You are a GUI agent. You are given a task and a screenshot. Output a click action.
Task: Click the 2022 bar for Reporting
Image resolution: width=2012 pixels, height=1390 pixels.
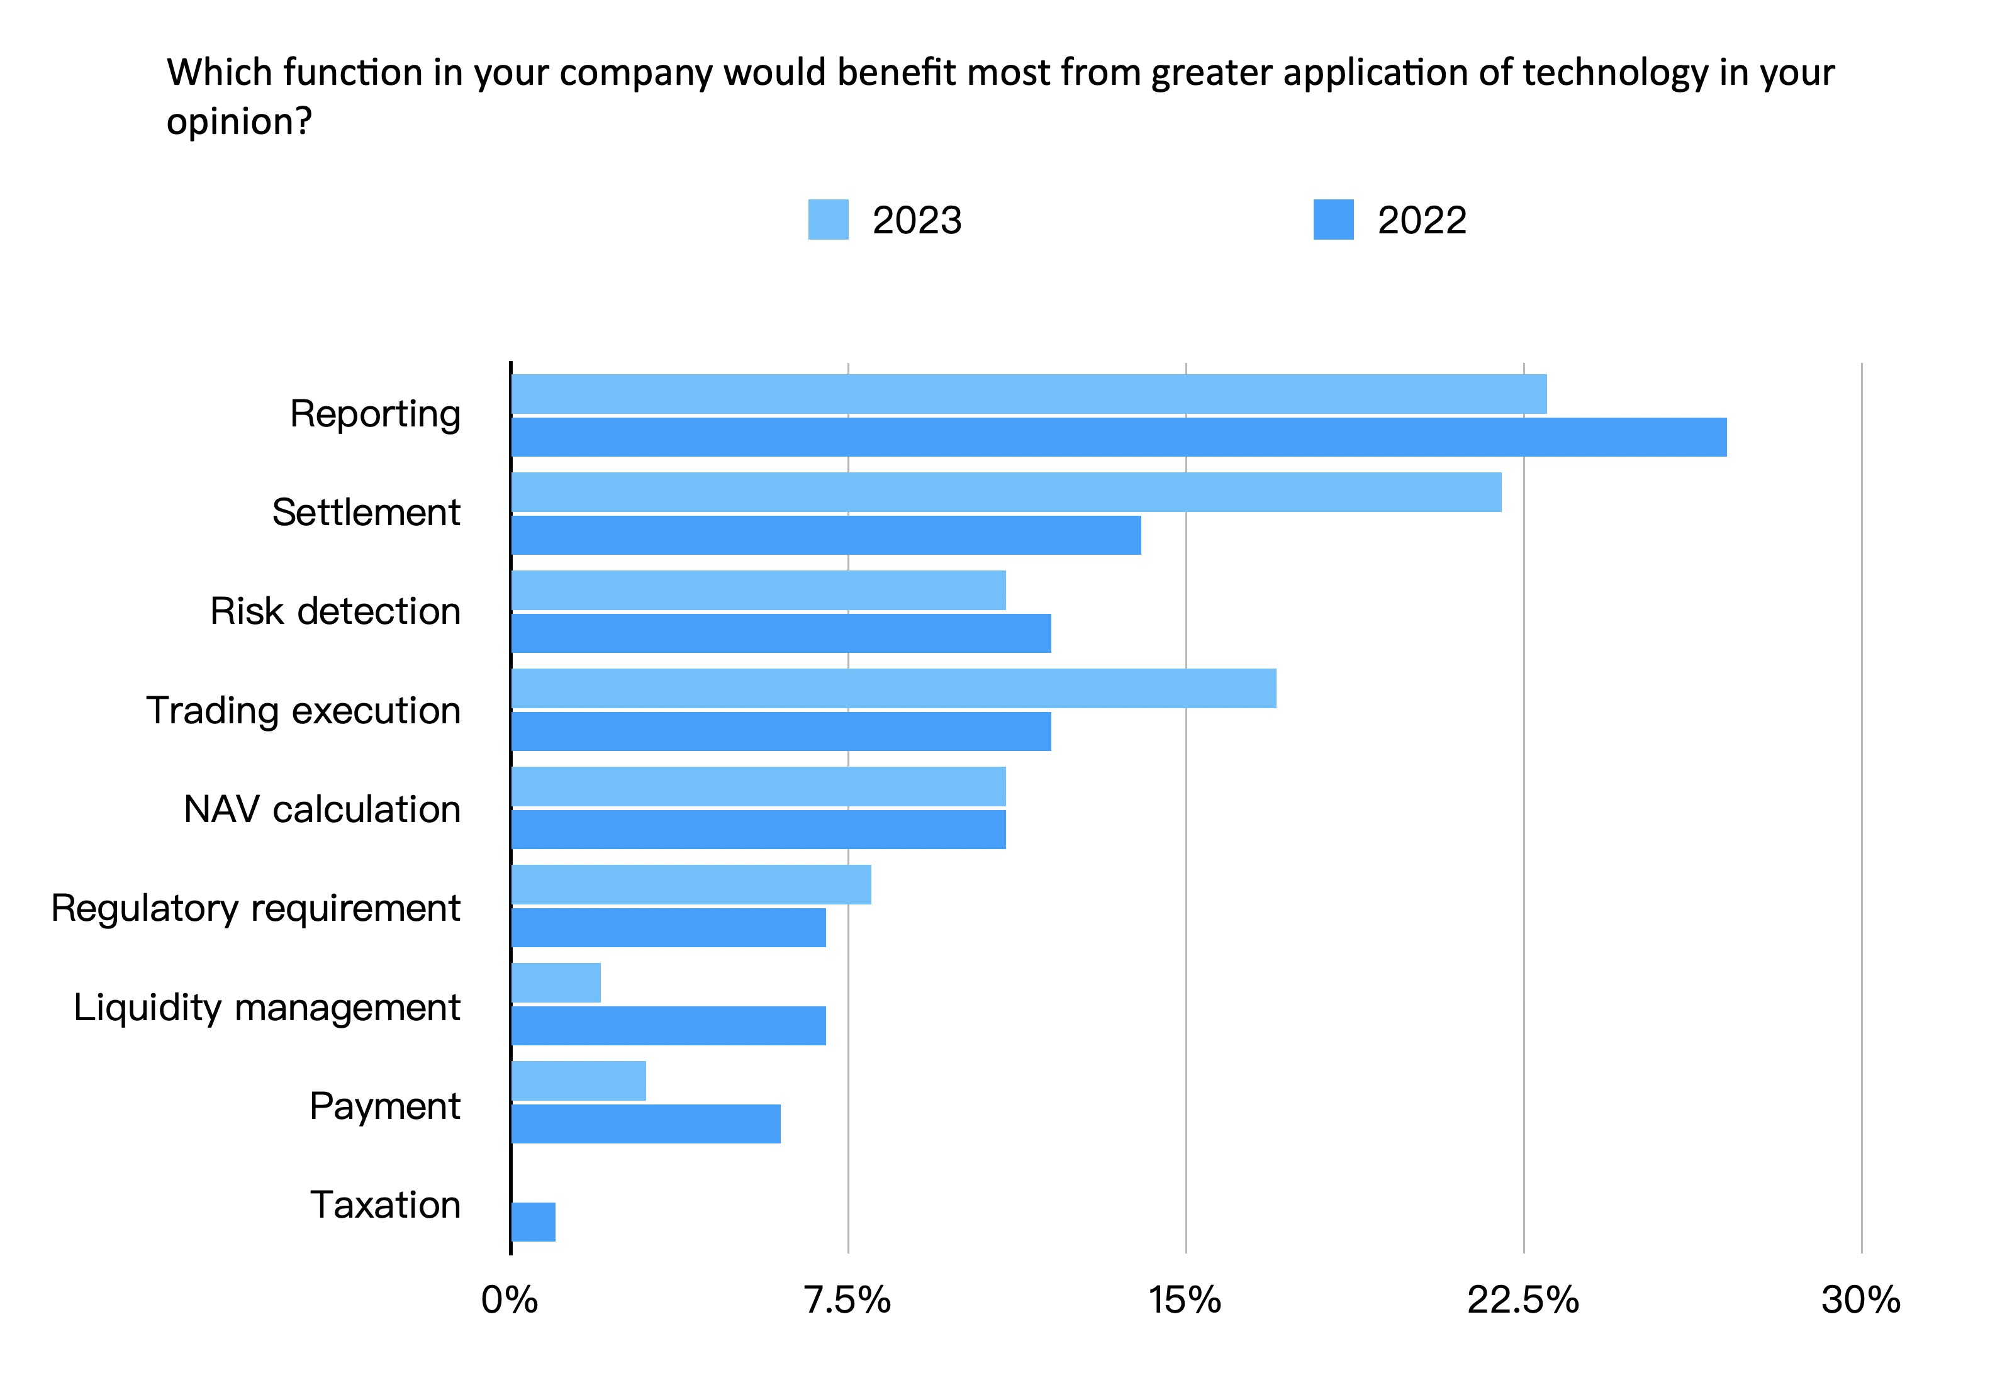[1119, 437]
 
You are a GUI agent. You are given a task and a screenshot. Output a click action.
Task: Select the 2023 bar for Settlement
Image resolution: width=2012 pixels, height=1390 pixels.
[1006, 492]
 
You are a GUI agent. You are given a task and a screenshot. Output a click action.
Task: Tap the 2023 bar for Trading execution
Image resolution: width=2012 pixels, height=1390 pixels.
[893, 688]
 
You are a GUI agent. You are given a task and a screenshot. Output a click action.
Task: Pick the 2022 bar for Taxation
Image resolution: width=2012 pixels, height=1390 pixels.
[533, 1222]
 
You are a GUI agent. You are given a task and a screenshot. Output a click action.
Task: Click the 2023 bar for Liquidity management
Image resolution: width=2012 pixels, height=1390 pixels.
[556, 982]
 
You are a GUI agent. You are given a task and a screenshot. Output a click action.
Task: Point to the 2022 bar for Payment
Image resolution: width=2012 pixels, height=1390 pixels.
[646, 1123]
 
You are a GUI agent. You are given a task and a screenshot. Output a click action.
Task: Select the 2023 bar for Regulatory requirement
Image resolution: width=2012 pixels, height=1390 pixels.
[691, 884]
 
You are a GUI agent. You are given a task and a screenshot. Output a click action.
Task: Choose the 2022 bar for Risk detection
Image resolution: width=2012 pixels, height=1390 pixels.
[780, 633]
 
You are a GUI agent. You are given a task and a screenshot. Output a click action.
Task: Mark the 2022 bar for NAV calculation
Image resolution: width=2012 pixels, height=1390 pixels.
[757, 829]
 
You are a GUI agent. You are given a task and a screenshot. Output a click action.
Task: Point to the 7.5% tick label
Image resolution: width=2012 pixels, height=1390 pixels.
[847, 1300]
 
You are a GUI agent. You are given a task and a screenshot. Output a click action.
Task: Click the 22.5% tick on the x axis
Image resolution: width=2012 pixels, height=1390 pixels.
[1523, 1300]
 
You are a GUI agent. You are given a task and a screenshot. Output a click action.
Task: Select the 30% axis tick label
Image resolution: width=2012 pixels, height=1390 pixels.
[1860, 1300]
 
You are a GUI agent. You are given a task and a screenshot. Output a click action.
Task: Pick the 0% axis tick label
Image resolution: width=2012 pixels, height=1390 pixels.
[510, 1300]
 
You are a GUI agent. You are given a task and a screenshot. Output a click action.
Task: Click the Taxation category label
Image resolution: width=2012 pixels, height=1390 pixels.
[385, 1205]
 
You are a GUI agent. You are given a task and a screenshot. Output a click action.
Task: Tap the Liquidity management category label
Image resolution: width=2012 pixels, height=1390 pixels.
[267, 1008]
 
